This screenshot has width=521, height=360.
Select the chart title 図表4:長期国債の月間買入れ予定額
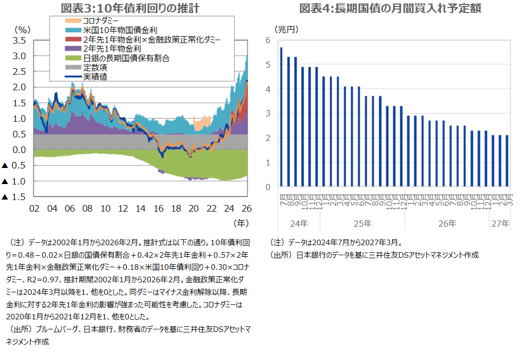pyautogui.click(x=390, y=8)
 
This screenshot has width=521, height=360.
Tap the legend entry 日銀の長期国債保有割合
pyautogui.click(x=126, y=58)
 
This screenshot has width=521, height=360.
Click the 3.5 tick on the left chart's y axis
pyautogui.click(x=19, y=41)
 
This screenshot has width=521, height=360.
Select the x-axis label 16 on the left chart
pyautogui.click(x=158, y=208)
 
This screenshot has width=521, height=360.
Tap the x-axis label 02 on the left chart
pyautogui.click(x=35, y=208)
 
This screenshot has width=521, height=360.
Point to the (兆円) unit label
pyautogui.click(x=287, y=30)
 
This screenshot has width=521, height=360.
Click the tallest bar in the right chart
pyautogui.click(x=281, y=117)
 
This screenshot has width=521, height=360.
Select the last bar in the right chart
pyautogui.click(x=507, y=160)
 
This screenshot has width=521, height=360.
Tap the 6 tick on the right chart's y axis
pyautogui.click(x=268, y=40)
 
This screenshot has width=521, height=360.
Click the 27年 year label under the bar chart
pyautogui.click(x=499, y=223)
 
